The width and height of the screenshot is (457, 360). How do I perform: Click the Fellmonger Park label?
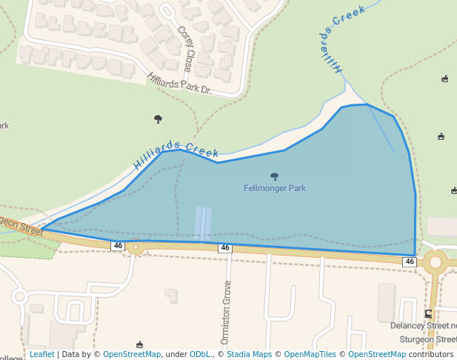pos(275,188)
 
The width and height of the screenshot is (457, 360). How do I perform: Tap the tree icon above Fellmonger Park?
pos(275,176)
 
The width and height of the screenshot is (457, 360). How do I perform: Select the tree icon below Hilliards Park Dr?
pos(158,119)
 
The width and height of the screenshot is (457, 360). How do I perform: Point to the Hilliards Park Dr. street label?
pos(179,83)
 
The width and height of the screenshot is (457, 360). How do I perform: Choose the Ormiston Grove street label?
pos(227,302)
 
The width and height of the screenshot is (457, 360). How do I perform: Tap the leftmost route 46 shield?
pos(118,245)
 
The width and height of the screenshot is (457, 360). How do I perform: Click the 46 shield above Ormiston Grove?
pos(224,247)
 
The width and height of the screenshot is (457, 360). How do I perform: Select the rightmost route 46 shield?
pos(410,262)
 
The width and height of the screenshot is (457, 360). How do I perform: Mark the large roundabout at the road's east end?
pos(436,262)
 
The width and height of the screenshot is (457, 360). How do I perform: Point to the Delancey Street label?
pos(424,326)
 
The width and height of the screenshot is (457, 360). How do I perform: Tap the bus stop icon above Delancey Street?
pos(428,313)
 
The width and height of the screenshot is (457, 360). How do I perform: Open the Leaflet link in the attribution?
pos(42,354)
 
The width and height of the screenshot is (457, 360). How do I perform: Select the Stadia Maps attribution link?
pos(249,354)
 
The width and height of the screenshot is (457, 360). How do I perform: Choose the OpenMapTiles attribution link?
pos(310,354)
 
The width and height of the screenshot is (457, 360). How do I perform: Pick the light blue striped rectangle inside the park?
pos(203,224)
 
